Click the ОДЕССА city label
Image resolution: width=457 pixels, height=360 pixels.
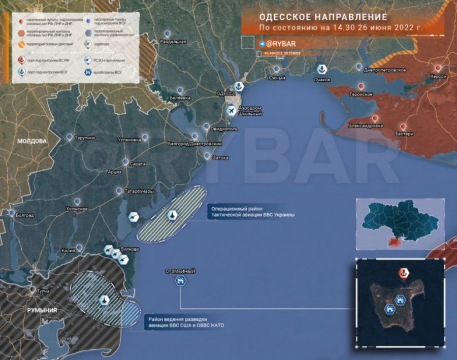point(225,94)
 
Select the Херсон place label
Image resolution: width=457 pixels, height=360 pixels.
point(438,76)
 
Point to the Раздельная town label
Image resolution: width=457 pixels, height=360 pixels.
point(173,42)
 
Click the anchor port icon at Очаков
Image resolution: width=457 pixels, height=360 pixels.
point(321,70)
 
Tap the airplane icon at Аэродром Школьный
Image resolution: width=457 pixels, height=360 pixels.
point(232,110)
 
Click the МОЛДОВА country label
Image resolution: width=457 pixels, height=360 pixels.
point(31,141)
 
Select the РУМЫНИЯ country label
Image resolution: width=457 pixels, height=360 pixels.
point(42,310)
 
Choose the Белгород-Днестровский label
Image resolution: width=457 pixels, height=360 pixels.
point(194,144)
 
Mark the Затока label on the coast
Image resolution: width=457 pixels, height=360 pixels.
point(220,157)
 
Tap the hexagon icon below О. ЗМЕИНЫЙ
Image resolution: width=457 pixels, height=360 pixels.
point(180,281)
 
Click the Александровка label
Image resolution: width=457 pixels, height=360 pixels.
point(366,125)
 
